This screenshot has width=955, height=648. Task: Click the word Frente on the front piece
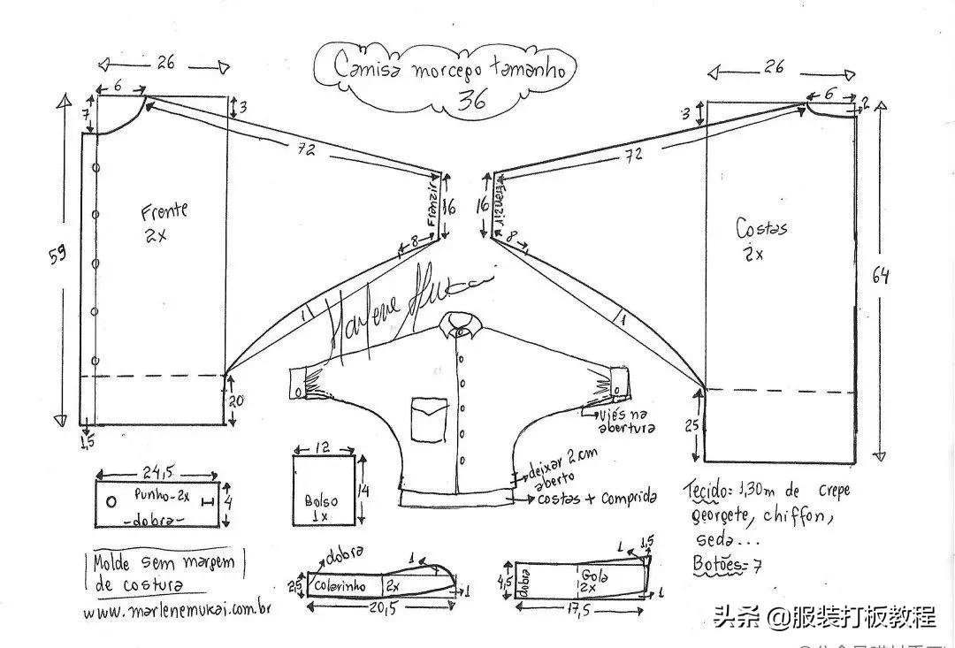(164, 211)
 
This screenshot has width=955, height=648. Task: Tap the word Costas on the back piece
(761, 229)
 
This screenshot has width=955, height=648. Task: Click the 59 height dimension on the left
(57, 257)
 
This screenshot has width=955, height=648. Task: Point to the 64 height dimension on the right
(880, 276)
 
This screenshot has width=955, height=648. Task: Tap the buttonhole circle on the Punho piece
(111, 501)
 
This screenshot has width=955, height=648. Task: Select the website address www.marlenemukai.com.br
(177, 611)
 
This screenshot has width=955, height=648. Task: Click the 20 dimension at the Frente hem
(235, 401)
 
